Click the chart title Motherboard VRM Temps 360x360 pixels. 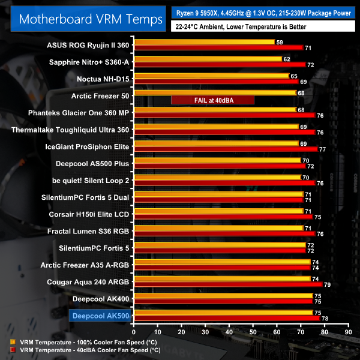pos(91,19)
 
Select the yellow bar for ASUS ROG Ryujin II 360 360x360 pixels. pos(204,43)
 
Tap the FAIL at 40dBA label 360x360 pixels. pos(212,100)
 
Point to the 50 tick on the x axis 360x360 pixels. pos(253,331)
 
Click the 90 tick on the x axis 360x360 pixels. pos(347,331)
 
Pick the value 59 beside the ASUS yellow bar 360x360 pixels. pos(280,43)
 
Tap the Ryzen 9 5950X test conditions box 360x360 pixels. pos(264,12)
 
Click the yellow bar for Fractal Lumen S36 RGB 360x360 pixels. pos(220,227)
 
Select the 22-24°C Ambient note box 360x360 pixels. pos(240,26)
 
